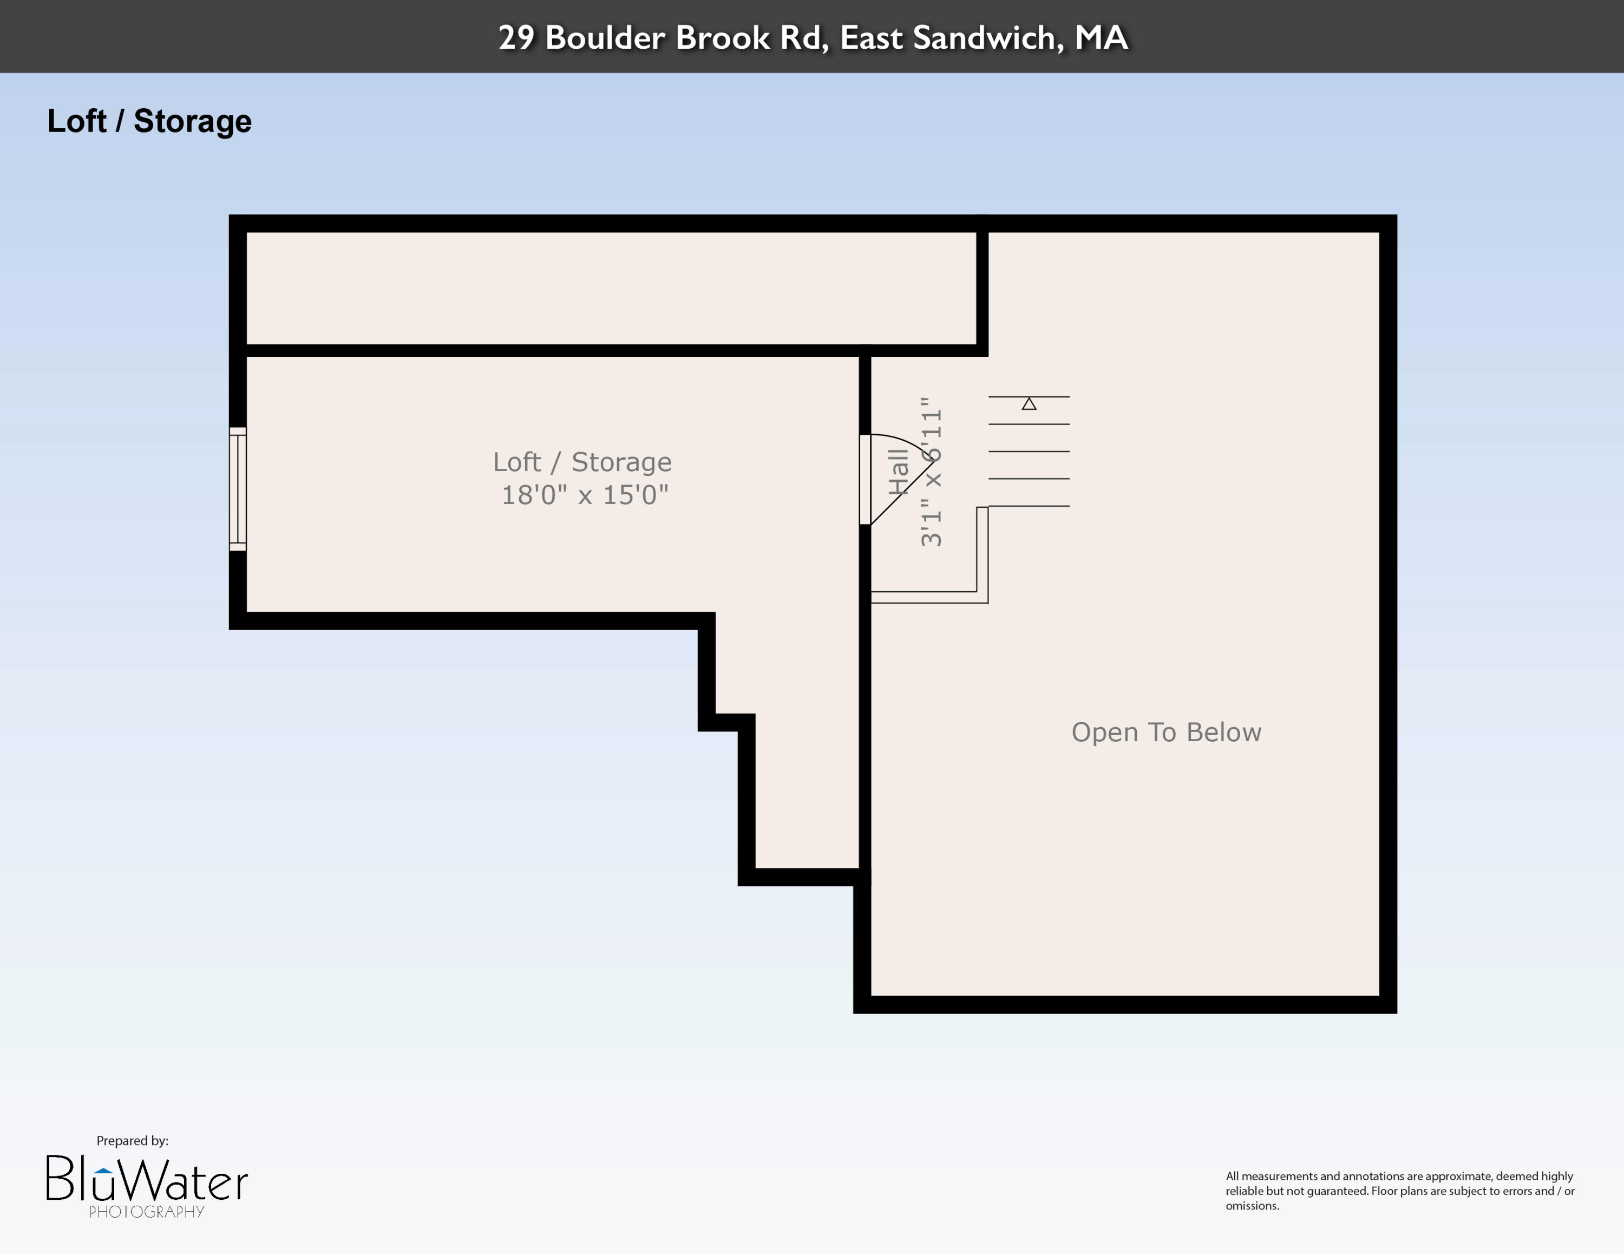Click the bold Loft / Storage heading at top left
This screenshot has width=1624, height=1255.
149,121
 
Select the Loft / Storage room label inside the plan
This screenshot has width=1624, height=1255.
582,462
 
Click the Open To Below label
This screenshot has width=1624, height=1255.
1166,733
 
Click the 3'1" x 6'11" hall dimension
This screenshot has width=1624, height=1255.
931,472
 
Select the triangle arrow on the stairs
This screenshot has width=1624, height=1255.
1029,404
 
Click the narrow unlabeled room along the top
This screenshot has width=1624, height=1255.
610,289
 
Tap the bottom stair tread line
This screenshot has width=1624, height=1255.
1029,506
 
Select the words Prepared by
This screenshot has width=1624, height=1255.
133,1141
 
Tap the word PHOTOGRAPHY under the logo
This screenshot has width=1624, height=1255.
147,1212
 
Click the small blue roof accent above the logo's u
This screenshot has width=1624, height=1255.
104,1170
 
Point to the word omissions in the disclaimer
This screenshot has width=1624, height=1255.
1252,1206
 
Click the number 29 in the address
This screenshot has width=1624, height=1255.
516,38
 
